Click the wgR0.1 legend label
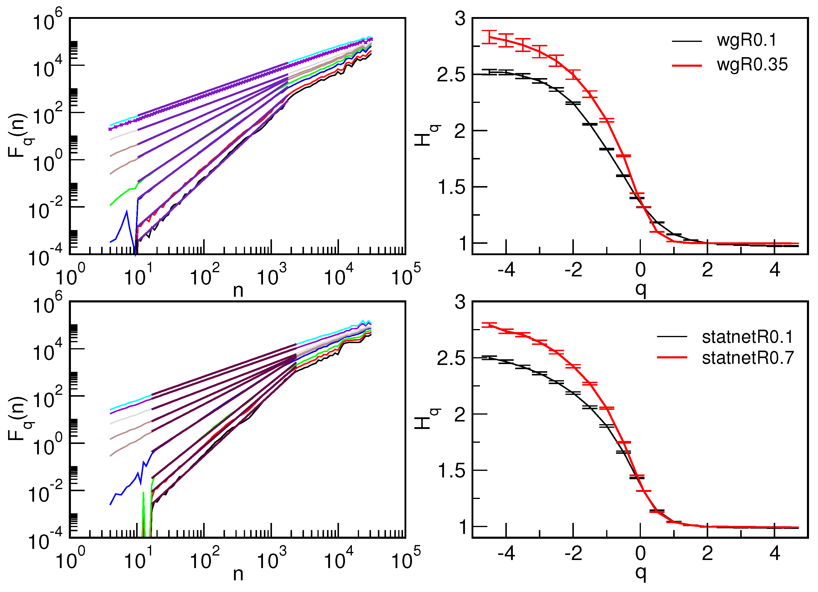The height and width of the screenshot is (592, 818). (x=746, y=40)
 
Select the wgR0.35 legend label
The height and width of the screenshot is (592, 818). (x=752, y=65)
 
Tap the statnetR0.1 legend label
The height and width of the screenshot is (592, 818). (x=747, y=337)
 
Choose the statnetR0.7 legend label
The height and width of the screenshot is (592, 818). (x=748, y=358)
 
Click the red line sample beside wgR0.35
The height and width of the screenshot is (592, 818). (x=687, y=66)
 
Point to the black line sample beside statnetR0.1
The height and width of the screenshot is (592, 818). (x=672, y=337)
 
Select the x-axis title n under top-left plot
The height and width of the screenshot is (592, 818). (x=238, y=290)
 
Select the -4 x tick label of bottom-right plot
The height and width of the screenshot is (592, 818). (x=506, y=553)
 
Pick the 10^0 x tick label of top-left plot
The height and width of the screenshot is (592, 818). (x=71, y=277)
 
